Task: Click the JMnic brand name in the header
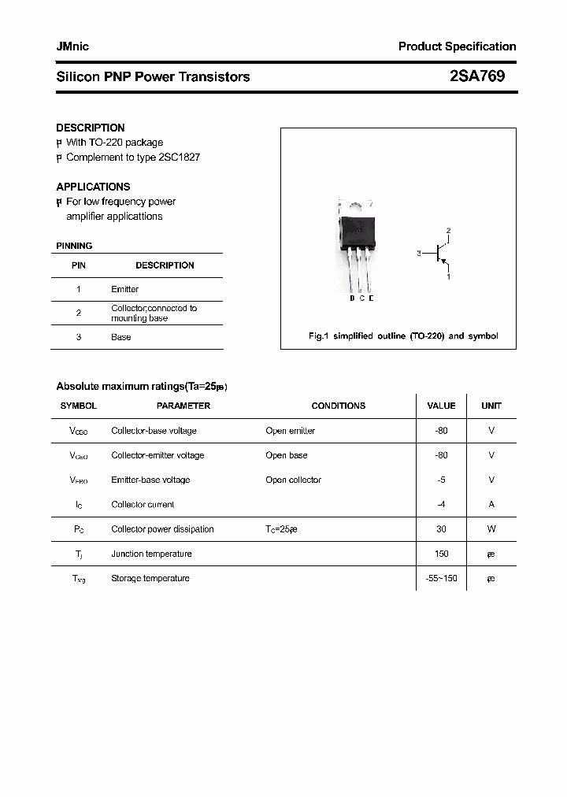(x=72, y=46)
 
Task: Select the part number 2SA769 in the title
(x=477, y=76)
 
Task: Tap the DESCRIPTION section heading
(x=91, y=128)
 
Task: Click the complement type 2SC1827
(x=179, y=157)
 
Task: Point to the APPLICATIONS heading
(x=93, y=187)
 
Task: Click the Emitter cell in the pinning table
(x=124, y=289)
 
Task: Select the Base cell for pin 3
(x=120, y=337)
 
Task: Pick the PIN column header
(x=79, y=265)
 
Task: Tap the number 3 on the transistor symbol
(x=420, y=254)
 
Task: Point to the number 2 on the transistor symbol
(x=448, y=231)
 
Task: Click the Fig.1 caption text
(x=402, y=336)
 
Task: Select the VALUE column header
(x=441, y=406)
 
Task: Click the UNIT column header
(x=491, y=406)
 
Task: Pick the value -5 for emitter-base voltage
(x=441, y=480)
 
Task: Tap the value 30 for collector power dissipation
(x=441, y=529)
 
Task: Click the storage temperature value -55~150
(x=441, y=578)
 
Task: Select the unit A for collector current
(x=491, y=504)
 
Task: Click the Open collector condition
(x=293, y=480)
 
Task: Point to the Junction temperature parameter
(x=150, y=554)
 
